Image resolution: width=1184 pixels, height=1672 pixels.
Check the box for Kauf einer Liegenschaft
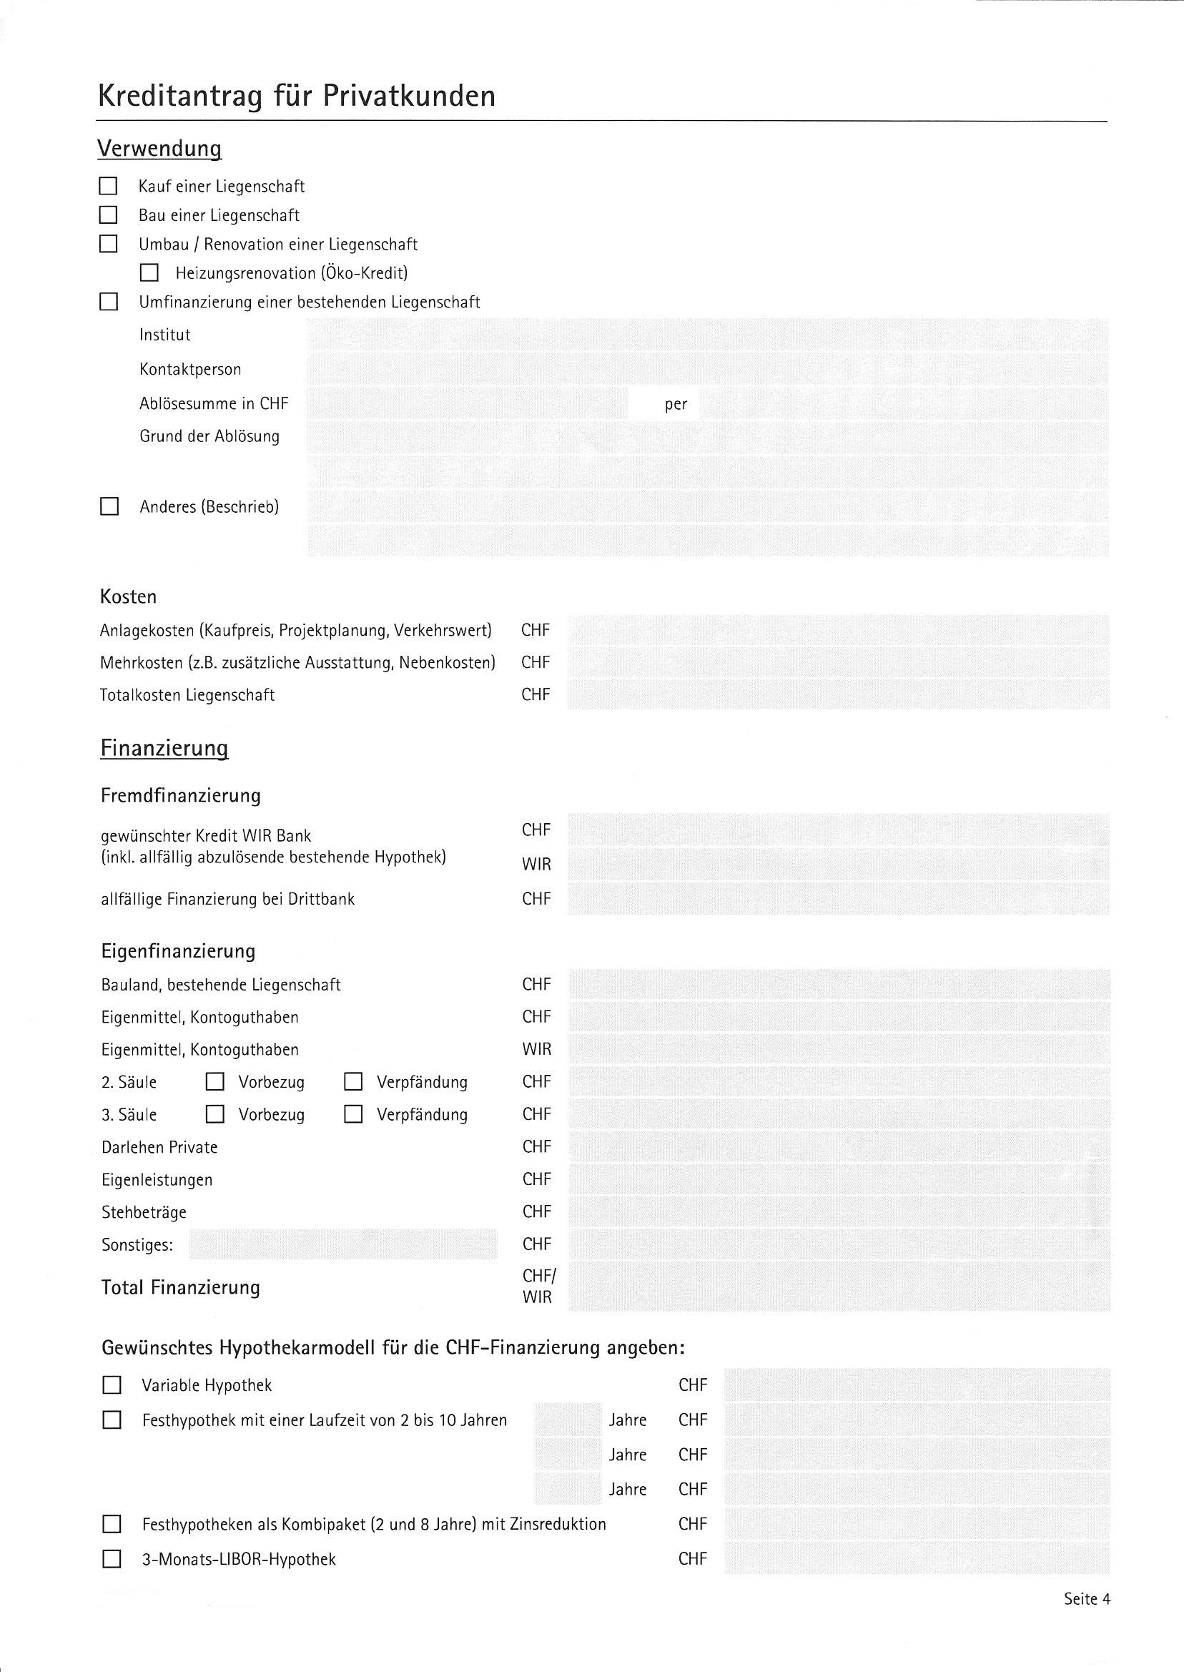(108, 186)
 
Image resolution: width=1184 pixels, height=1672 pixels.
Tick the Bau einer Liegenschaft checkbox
(108, 215)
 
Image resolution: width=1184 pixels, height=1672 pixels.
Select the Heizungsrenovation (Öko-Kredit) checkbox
(149, 272)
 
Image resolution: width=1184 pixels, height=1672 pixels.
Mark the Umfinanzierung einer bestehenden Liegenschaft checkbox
(108, 302)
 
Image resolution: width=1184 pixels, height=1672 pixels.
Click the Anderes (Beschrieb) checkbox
(109, 507)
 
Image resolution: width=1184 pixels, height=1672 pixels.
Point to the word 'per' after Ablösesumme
(675, 404)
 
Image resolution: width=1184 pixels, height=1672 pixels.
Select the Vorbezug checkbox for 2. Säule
(214, 1082)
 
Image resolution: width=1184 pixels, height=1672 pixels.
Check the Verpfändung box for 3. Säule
(353, 1114)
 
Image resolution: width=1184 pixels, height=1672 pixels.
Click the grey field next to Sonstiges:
(342, 1244)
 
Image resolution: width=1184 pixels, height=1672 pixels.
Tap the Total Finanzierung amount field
(839, 1287)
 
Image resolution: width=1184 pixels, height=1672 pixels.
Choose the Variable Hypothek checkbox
(112, 1385)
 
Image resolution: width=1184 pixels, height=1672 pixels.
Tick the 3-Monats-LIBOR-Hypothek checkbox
(112, 1559)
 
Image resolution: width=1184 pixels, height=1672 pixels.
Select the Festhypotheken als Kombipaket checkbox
(112, 1524)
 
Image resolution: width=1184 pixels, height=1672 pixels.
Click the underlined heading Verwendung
(159, 149)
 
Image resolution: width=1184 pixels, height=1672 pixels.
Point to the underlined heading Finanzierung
(164, 748)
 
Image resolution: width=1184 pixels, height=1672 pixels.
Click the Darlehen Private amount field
(839, 1147)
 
